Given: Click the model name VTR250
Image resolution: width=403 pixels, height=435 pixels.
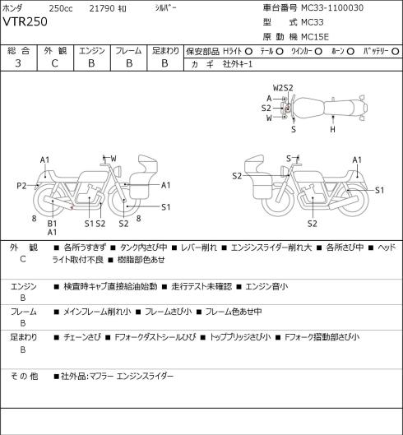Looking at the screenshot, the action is (25, 21).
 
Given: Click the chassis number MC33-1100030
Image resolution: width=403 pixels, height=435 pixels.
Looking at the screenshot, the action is (332, 7).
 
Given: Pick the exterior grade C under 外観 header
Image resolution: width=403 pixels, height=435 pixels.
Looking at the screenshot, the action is (54, 63).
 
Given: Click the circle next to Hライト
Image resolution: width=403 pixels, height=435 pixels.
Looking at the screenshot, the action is (248, 51).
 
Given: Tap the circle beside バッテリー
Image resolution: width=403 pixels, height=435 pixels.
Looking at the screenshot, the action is (396, 51).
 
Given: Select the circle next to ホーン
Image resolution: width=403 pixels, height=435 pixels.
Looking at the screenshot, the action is (350, 51).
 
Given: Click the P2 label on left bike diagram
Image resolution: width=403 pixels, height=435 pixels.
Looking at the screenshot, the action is (21, 186).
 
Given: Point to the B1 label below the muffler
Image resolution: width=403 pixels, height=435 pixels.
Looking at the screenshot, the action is (52, 224).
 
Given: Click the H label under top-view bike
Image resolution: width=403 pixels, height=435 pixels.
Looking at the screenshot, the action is (332, 129).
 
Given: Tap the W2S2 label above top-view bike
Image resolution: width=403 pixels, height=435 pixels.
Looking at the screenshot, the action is (283, 88).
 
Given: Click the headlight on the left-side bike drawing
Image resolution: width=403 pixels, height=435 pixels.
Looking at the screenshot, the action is (118, 170).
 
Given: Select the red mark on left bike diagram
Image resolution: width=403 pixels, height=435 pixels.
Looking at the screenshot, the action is (72, 207).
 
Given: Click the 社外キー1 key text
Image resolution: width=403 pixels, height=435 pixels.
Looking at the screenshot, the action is (238, 64).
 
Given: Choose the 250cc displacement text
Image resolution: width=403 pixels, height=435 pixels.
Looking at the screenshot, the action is (61, 8).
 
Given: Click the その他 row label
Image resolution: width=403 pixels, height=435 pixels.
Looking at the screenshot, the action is (24, 376).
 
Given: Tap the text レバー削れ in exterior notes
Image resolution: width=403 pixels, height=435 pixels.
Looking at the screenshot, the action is (199, 248).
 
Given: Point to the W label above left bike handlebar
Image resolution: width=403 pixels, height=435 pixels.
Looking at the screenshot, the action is (113, 159).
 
